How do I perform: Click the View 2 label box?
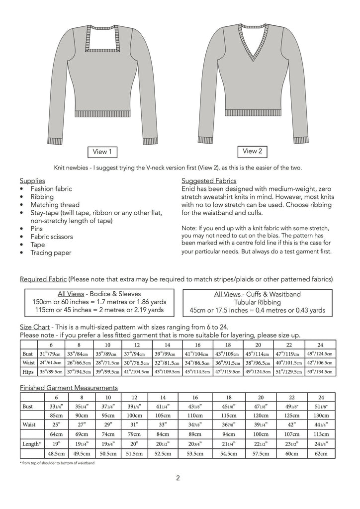pos(252,151)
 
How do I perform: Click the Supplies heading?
pos(32,180)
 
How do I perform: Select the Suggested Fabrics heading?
pos(209,180)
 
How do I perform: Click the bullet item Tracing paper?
pos(51,253)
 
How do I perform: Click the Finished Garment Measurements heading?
pos(69,387)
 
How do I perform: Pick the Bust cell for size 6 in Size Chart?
pos(52,353)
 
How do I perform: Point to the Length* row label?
pos(32,443)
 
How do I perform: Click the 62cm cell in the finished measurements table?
pos(321,454)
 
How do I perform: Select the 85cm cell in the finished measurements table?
pos(52,415)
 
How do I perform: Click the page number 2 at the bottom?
pos(178,479)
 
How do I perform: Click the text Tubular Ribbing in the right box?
pos(257,302)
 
